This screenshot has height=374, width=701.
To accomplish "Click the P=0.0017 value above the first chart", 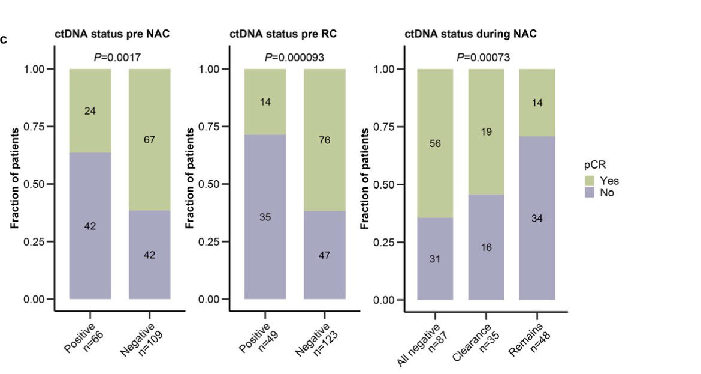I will (117, 58).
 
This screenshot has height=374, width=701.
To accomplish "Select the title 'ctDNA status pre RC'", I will (283, 34).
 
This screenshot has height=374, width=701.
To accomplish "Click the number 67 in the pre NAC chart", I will (150, 140).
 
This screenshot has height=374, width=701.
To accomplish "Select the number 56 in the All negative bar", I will (435, 144).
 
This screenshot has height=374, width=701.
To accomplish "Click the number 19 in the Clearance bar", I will (487, 132).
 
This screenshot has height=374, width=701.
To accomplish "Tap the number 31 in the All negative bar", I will (435, 259).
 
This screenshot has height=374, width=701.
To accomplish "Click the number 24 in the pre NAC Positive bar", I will (90, 111).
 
